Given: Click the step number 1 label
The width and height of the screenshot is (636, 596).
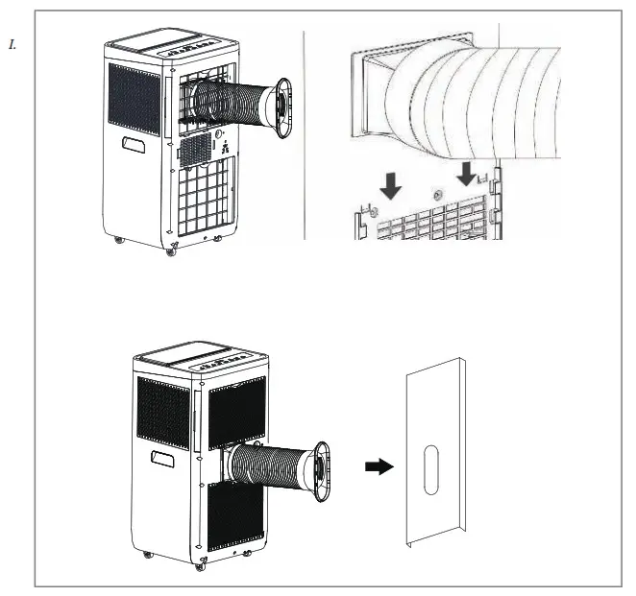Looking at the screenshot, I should tap(12, 44).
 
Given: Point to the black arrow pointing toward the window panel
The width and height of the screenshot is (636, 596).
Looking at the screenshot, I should tap(379, 466).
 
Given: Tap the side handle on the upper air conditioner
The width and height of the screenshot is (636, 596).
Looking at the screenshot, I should tap(134, 145).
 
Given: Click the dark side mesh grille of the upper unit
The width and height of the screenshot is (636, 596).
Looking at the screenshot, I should tap(133, 98).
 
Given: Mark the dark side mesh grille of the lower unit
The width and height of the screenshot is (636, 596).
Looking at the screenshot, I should tap(161, 413).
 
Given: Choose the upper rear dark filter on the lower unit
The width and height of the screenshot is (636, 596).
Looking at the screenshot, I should tap(236, 412).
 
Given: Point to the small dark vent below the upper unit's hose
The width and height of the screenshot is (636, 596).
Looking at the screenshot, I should tap(195, 148).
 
